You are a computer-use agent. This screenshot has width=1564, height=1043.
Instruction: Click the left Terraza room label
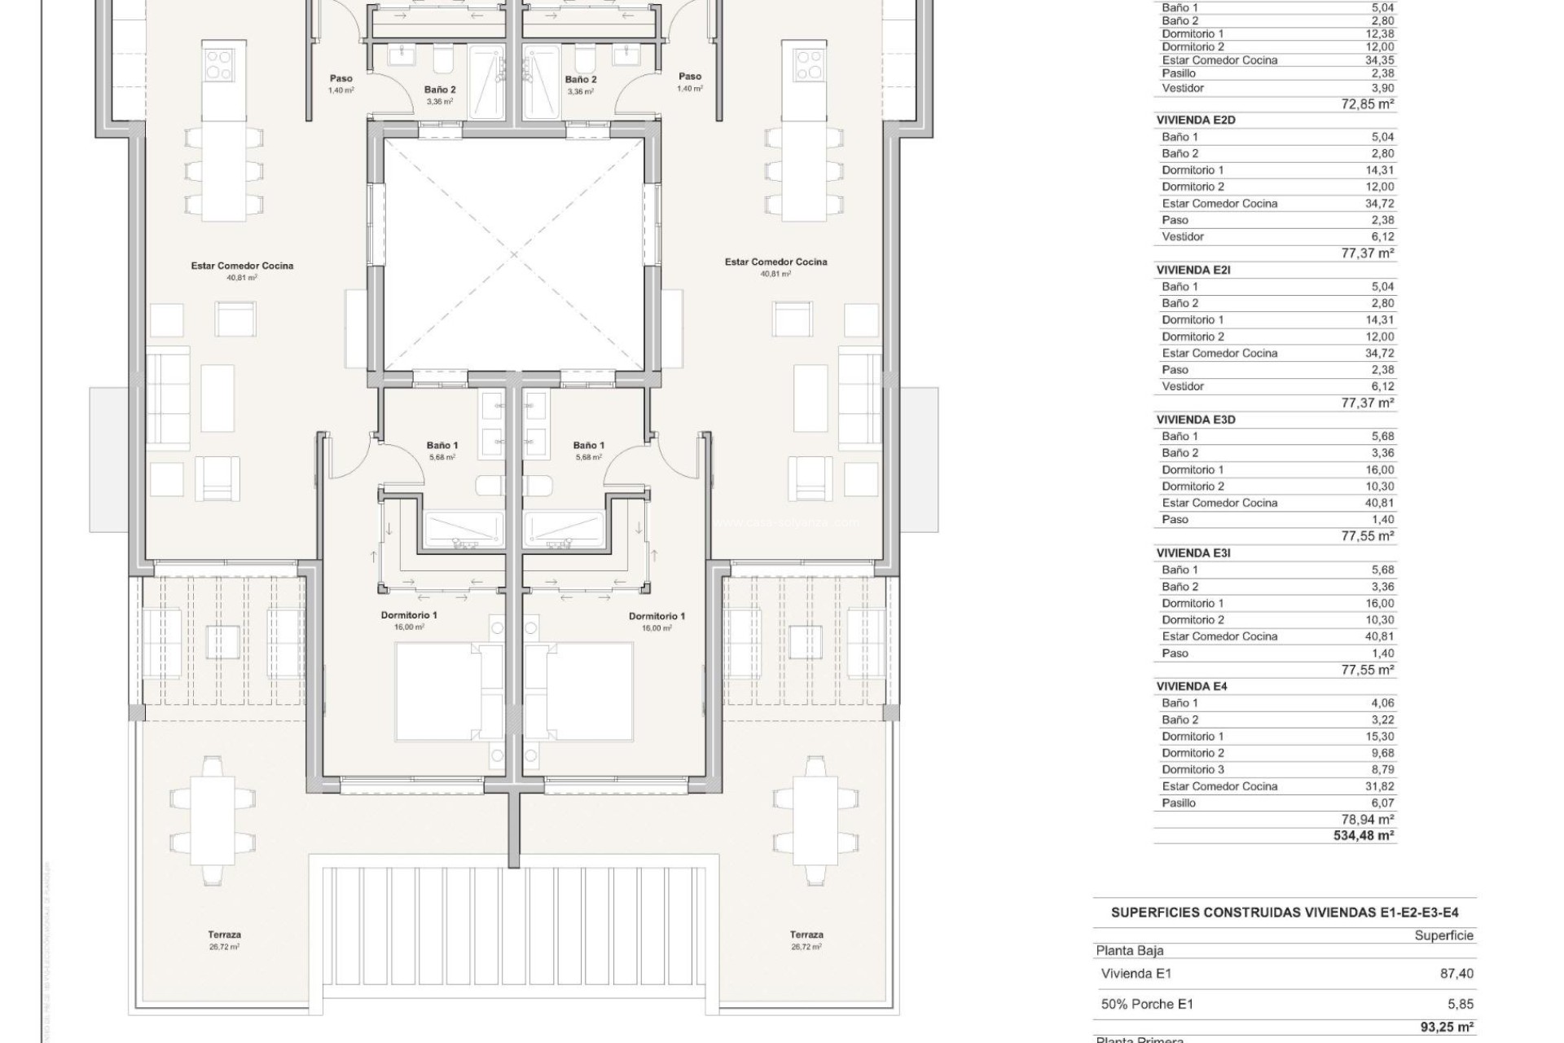[x=224, y=935]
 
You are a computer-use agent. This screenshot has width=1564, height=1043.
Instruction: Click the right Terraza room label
[x=806, y=935]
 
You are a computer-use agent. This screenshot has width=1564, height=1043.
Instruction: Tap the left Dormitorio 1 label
[x=408, y=615]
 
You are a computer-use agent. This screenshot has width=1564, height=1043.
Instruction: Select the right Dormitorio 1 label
[x=657, y=616]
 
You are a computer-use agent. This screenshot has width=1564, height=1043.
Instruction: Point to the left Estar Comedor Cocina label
[x=242, y=266]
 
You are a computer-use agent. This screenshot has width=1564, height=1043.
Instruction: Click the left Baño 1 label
[x=442, y=446]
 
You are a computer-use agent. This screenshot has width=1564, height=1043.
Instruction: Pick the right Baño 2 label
[x=581, y=80]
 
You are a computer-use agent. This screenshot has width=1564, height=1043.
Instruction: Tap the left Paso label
[x=340, y=79]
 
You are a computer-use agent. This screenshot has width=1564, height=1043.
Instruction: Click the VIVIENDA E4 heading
[x=1191, y=686]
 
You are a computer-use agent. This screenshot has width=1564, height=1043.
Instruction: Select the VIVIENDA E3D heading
[x=1195, y=420]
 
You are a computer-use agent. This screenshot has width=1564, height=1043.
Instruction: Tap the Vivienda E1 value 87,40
[x=1456, y=974]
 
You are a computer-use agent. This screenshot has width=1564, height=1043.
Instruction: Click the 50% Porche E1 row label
[x=1146, y=1005]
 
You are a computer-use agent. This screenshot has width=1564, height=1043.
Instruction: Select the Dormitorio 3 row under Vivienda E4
[x=1193, y=769]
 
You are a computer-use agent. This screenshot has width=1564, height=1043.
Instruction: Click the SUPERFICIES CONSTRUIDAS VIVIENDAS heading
[x=1285, y=913]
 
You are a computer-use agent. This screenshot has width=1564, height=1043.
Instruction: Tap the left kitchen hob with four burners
[x=219, y=64]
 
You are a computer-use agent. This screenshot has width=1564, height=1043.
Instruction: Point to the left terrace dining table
[x=216, y=821]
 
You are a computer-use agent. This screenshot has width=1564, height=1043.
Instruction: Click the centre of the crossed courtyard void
[x=513, y=254]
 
